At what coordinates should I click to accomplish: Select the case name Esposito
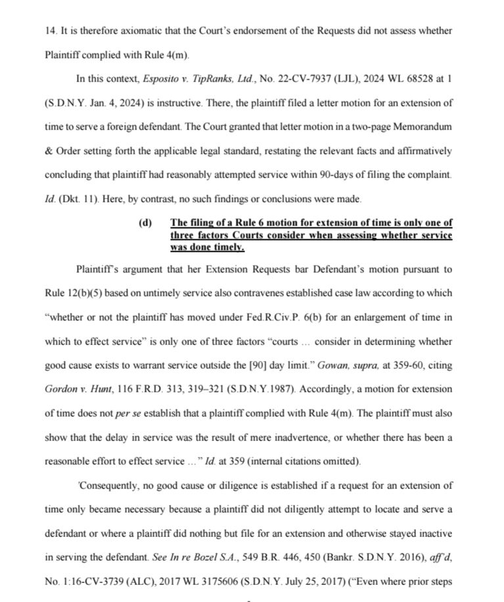coord(162,80)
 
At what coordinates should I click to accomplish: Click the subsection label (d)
coord(146,223)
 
